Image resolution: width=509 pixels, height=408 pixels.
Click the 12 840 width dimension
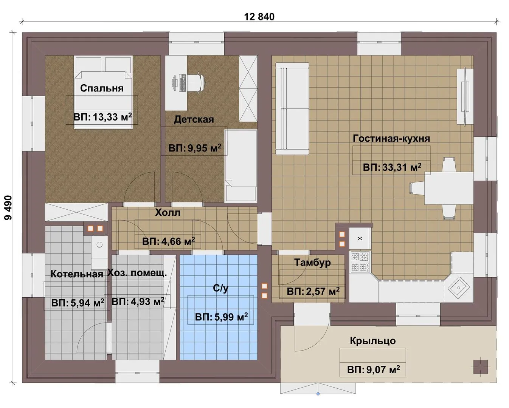259,17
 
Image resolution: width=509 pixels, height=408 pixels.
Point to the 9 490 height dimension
8,208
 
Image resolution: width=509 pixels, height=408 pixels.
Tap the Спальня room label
102,88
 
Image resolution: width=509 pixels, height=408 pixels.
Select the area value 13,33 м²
102,117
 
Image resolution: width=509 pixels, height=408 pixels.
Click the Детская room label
194,119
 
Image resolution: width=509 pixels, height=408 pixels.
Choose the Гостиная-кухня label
391,138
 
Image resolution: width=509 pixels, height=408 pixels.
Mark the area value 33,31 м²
392,167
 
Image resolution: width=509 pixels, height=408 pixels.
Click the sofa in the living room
292,108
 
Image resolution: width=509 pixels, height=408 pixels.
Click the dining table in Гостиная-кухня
449,188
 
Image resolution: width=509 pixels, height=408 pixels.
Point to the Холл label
168,213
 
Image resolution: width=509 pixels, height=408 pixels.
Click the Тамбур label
312,263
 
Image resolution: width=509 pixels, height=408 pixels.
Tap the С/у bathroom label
221,288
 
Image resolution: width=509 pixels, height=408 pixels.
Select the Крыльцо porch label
373,341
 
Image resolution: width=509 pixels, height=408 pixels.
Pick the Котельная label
77,274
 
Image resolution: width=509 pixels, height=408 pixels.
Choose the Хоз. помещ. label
137,273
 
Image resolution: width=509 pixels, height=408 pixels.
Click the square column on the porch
481,367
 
